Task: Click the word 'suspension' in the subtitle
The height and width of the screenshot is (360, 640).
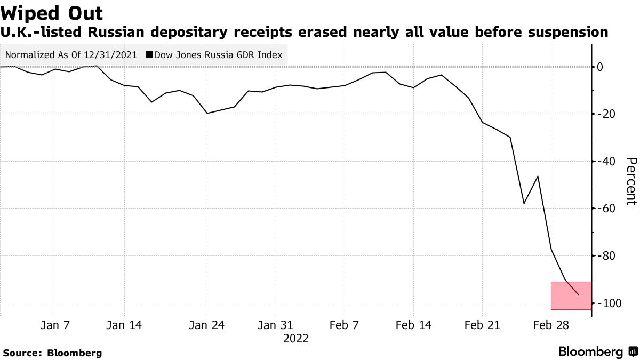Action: (x=567, y=33)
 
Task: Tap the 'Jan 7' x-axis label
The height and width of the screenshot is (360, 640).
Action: (x=55, y=325)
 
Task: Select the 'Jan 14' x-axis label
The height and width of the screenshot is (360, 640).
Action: (x=124, y=325)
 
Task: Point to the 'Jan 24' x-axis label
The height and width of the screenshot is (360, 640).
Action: (x=207, y=325)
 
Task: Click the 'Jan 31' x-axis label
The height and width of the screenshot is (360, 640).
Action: (x=276, y=325)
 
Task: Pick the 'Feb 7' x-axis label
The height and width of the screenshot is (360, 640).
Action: (x=344, y=325)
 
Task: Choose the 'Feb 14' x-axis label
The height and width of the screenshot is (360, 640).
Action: (x=413, y=325)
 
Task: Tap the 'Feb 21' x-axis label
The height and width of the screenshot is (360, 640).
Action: (x=482, y=325)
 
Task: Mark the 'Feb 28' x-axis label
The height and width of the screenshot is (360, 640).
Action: (x=551, y=325)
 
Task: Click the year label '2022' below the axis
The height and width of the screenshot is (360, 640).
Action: (x=296, y=338)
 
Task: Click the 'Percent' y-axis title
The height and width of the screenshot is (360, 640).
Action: (x=631, y=181)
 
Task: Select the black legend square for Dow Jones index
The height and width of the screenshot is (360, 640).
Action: (x=150, y=55)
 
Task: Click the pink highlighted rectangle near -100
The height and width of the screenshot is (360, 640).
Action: (x=571, y=295)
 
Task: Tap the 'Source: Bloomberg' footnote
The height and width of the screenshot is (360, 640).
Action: (x=52, y=353)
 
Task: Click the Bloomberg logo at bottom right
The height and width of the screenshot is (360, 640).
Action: (x=598, y=352)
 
